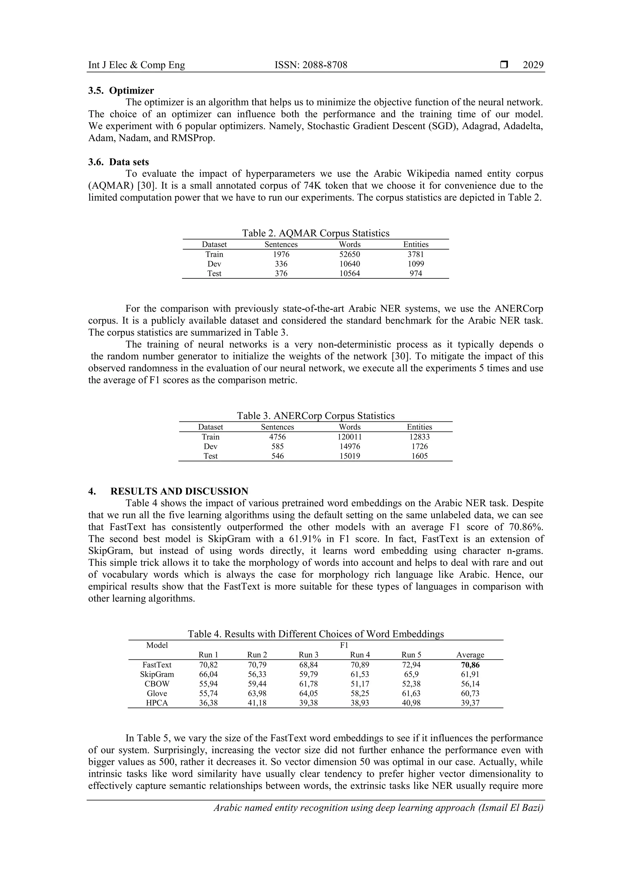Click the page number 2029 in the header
click(x=533, y=65)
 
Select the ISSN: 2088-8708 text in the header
click(x=311, y=65)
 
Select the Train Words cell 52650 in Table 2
click(x=349, y=254)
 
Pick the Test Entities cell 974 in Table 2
click(x=415, y=273)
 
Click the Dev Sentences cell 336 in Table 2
click(x=281, y=264)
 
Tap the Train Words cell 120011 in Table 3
click(x=349, y=437)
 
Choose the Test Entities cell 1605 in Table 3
click(x=419, y=456)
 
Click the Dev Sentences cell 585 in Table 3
click(x=277, y=446)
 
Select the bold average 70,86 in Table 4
click(x=470, y=665)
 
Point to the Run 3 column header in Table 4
click(x=308, y=654)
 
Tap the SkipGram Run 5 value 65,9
click(x=411, y=674)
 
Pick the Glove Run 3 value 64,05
click(x=308, y=693)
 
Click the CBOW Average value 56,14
click(x=470, y=684)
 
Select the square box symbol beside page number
click(x=504, y=65)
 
